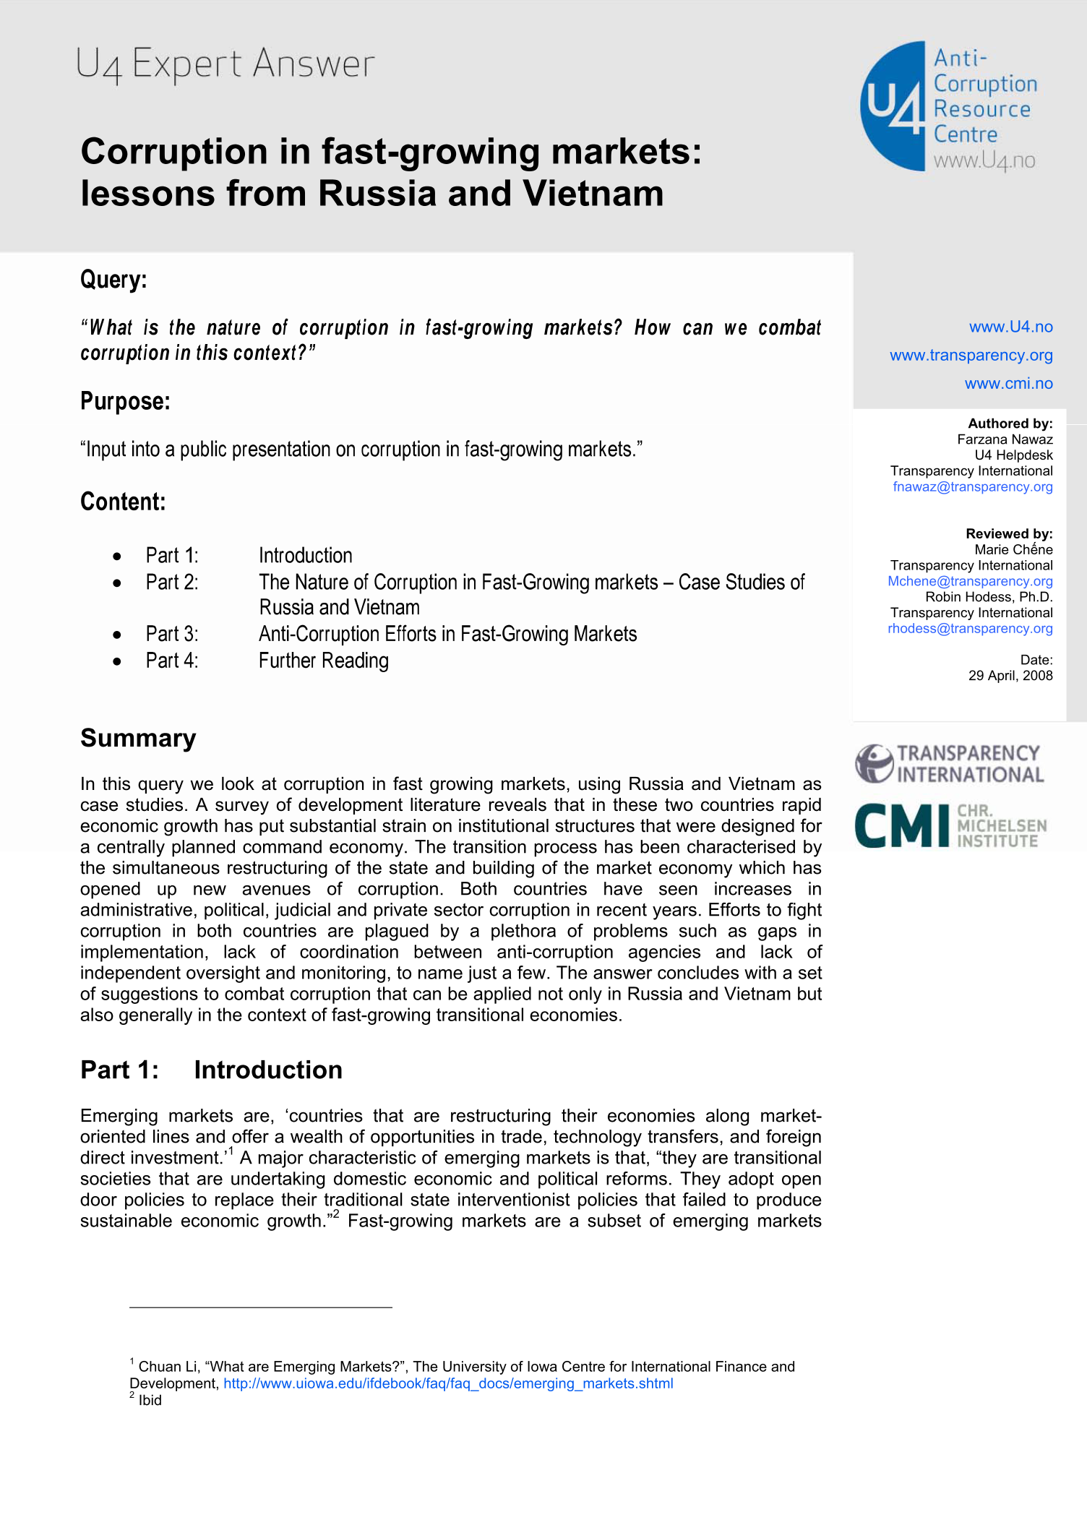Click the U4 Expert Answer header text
pos(225,64)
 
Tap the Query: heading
pos(113,279)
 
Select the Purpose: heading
pos(125,401)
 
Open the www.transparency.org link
pos(971,355)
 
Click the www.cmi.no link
pos(1008,383)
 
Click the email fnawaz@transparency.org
pos(972,486)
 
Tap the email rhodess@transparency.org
pos(970,628)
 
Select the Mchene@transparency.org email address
pos(970,581)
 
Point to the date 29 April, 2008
pos(1010,675)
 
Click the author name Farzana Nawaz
pos(1005,439)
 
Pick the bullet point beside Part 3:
pos(117,635)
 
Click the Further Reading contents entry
pos(324,661)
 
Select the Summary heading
pos(138,738)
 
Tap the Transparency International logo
pos(950,764)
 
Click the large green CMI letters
pos(901,825)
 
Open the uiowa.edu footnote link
pos(448,1383)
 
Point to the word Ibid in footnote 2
pos(150,1400)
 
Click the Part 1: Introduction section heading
pos(211,1070)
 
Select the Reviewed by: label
pos(1009,533)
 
